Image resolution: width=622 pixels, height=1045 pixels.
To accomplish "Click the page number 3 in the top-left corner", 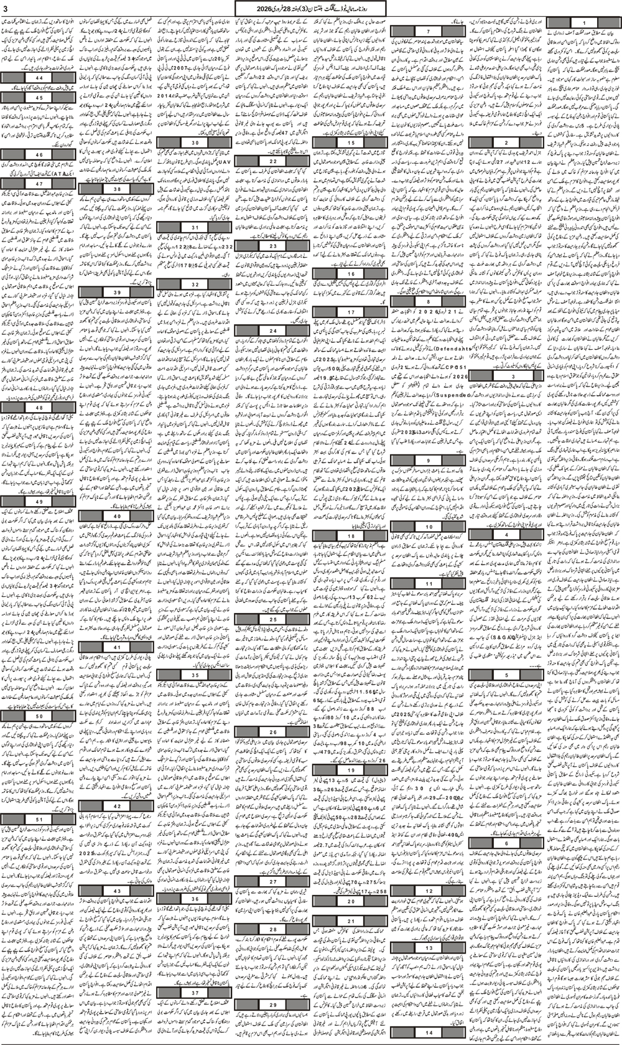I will click(6, 7).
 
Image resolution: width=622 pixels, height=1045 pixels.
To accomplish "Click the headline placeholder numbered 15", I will click(351, 143).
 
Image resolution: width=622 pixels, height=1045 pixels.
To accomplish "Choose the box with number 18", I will click(351, 535).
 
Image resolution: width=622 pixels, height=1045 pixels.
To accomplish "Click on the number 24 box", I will click(273, 330).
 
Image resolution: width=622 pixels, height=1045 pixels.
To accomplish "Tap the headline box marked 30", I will click(195, 143).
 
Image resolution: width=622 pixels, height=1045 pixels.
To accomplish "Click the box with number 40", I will click(117, 516).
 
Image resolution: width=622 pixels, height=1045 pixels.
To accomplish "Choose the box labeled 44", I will click(39, 77).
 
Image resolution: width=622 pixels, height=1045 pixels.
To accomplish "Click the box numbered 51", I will click(39, 819).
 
